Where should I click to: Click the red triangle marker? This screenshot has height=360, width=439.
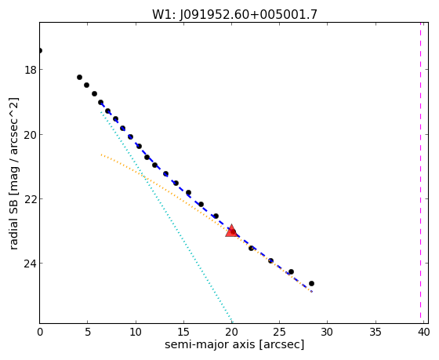point(232,231)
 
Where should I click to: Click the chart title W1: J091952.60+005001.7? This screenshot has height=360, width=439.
point(234,14)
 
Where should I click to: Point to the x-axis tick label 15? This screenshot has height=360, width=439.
point(183,333)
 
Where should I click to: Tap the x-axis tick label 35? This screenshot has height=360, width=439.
point(376,333)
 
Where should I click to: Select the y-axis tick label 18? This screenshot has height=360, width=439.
point(31,70)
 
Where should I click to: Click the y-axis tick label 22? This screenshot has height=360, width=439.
point(31,199)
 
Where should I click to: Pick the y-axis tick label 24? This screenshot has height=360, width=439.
point(31,264)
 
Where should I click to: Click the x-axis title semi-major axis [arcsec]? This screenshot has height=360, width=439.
point(234,344)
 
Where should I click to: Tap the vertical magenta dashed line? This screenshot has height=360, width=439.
point(420,170)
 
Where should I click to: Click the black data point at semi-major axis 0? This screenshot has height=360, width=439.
point(40,50)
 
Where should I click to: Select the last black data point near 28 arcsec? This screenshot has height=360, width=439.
point(311,283)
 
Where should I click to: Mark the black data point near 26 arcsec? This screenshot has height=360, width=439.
point(291,271)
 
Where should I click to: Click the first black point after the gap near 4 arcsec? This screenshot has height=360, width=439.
point(79,78)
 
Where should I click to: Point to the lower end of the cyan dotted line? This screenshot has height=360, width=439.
point(231,322)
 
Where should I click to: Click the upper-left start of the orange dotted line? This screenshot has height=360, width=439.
point(101,155)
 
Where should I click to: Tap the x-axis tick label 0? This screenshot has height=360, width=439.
point(40,333)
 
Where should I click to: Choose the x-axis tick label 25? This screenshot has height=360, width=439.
point(279,333)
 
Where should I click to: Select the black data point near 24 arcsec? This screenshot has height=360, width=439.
point(270,261)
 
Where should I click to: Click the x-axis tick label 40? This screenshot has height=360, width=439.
point(423,333)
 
